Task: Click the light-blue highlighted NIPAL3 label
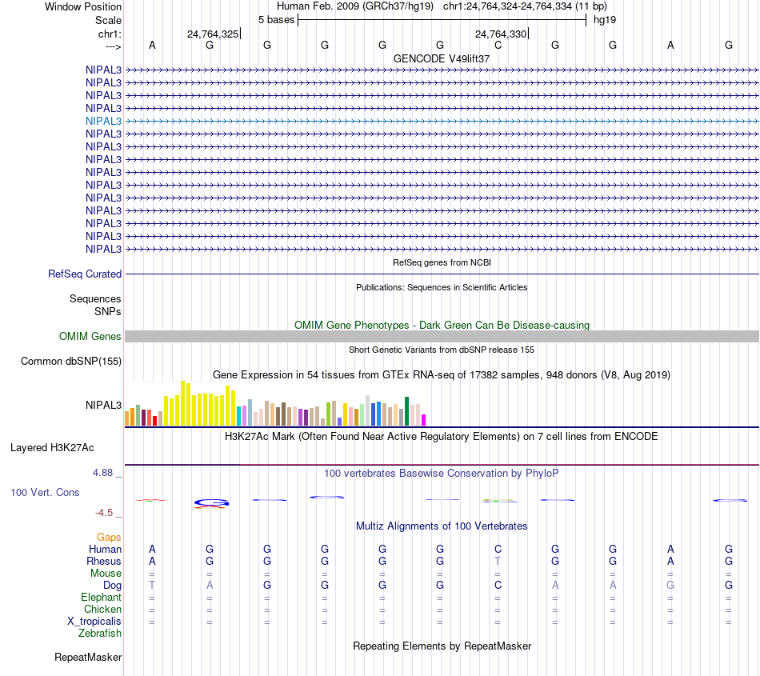(x=104, y=121)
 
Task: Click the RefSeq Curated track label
(x=85, y=274)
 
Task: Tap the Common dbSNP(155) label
(x=71, y=362)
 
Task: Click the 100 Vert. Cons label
(x=45, y=493)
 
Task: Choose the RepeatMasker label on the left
(x=88, y=658)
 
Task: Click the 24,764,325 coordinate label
(x=212, y=34)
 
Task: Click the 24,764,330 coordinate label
(x=501, y=34)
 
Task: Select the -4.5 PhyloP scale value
(x=104, y=513)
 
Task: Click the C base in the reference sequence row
(x=498, y=45)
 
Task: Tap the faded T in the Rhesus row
(x=498, y=562)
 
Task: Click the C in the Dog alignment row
(x=498, y=586)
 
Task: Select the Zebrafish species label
(x=100, y=634)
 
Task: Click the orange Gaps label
(x=109, y=538)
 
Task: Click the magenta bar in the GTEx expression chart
(x=424, y=420)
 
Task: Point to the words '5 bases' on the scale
(x=276, y=19)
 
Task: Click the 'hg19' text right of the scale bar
(x=604, y=19)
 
